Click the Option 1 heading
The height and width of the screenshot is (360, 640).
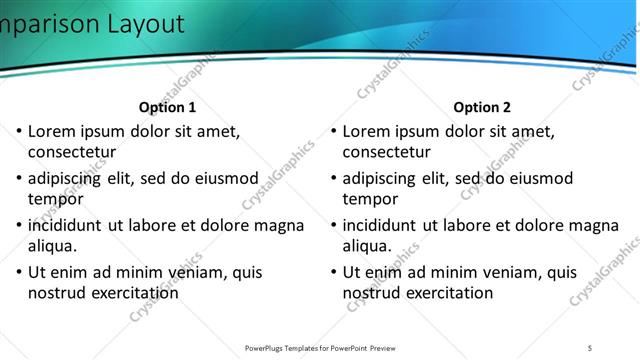coord(167,107)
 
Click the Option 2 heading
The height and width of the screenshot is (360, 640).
coord(482,107)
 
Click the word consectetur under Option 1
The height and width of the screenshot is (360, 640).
coord(72,152)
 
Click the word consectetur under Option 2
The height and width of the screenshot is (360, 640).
coord(387,152)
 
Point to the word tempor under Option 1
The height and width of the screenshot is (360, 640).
coord(55,199)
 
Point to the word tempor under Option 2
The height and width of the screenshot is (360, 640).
coord(370,199)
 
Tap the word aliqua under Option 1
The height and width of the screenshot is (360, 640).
coord(52,246)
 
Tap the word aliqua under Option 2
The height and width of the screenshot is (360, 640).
coord(367,246)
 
